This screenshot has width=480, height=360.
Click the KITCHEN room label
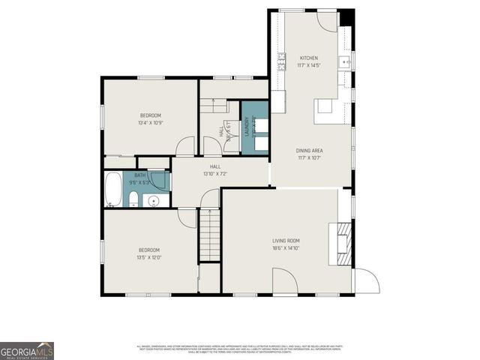[x=309, y=58]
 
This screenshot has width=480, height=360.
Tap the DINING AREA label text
[x=309, y=151]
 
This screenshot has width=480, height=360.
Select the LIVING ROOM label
[x=286, y=241]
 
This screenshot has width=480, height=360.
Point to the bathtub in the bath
[x=112, y=189]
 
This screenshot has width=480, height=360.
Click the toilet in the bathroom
[x=133, y=199]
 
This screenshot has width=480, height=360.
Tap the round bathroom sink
[x=154, y=200]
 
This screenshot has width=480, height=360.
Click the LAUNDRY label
[x=246, y=130]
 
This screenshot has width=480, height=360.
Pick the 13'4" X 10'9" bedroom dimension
[x=150, y=123]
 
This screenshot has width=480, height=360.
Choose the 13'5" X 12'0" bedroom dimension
[x=149, y=257]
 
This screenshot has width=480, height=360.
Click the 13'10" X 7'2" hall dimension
[x=215, y=174]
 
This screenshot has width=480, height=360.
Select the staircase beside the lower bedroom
[x=209, y=235]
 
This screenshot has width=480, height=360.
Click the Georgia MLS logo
[x=27, y=350]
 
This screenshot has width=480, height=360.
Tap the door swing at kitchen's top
[x=327, y=19]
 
